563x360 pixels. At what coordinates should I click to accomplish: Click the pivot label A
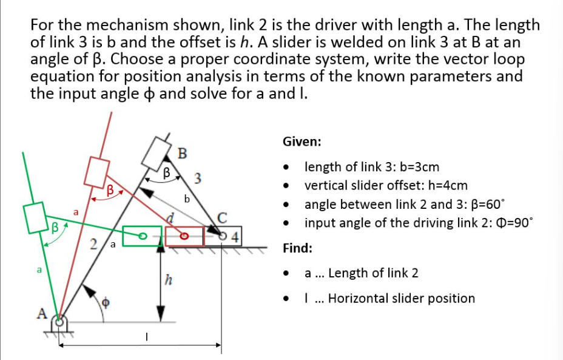point(42,314)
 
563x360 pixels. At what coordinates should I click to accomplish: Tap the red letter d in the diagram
point(173,217)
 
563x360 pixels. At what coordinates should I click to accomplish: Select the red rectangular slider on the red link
point(96,172)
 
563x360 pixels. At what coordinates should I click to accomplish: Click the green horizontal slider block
point(143,236)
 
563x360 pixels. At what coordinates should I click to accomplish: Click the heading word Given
point(302,142)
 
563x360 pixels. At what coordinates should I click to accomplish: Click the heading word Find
point(298,248)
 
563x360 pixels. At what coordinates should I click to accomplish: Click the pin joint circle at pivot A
point(59,322)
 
